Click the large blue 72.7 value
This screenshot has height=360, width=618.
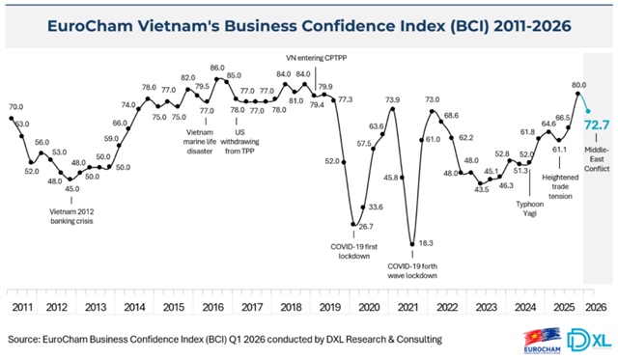click(596, 125)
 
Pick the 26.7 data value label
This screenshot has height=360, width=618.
click(366, 226)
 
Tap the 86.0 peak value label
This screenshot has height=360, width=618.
click(217, 69)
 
